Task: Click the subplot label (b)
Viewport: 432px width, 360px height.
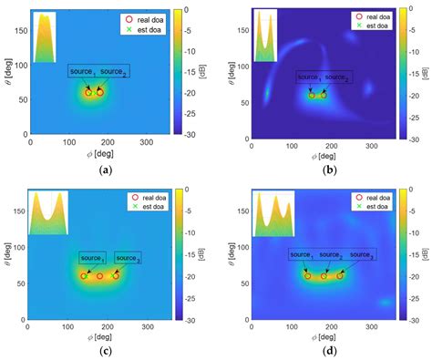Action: (326, 170)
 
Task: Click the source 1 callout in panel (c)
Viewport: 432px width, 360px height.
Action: (92, 259)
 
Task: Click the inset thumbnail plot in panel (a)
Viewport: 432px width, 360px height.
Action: (44, 38)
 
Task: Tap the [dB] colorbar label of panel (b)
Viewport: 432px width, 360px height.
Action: (426, 73)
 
